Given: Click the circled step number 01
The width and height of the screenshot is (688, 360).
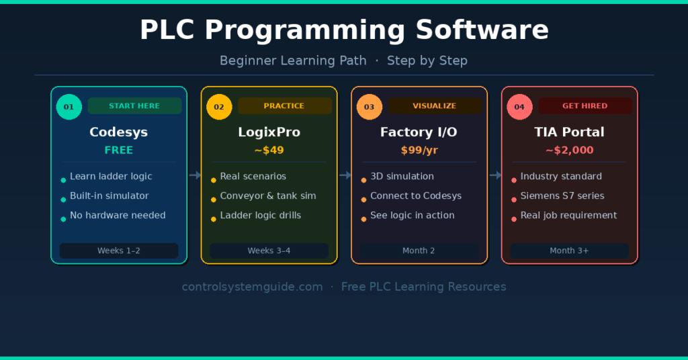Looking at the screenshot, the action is (x=69, y=107).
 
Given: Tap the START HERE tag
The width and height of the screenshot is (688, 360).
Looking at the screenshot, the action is (x=134, y=105).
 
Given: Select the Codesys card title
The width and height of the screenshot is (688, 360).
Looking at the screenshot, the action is (x=118, y=132).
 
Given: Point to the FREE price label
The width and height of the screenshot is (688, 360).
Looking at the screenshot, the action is (x=118, y=150).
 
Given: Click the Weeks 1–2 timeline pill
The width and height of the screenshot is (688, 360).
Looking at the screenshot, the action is (x=119, y=251).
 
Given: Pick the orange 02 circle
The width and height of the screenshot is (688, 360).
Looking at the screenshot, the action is (x=219, y=107).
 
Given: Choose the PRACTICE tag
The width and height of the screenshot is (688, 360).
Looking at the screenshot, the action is (x=285, y=105).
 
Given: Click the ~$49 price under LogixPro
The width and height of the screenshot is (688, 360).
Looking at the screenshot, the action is (x=269, y=150).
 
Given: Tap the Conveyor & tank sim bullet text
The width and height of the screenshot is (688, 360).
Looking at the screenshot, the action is (x=268, y=195).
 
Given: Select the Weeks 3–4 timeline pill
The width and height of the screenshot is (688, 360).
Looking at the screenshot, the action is (x=269, y=251).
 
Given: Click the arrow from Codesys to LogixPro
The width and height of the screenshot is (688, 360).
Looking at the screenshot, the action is (x=196, y=175).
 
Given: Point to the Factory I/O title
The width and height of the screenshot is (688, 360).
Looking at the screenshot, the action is (x=419, y=132).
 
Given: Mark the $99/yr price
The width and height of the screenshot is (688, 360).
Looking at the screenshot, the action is (x=419, y=150).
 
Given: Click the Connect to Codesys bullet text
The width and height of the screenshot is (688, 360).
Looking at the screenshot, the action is (x=415, y=195).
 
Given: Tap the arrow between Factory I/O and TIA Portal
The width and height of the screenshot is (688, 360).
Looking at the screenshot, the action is (x=495, y=175).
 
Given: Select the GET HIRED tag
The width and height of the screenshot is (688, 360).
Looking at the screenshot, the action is (x=585, y=105).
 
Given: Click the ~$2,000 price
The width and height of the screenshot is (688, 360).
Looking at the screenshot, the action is (x=569, y=150).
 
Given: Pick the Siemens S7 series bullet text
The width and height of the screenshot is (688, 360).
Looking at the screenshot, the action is (x=562, y=195).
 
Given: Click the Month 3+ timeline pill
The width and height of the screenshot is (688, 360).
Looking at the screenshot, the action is (x=570, y=251).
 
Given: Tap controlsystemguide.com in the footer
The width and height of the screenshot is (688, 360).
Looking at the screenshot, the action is (x=253, y=287).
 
